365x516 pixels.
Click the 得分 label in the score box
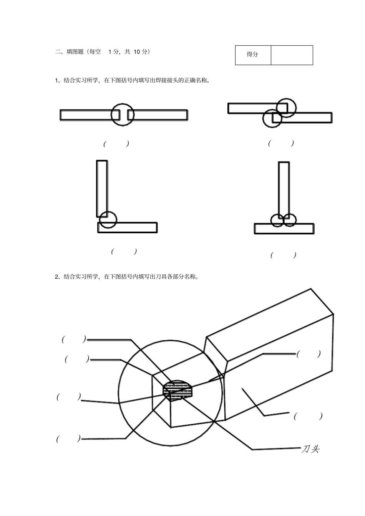point(252,54)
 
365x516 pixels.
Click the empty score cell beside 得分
point(292,55)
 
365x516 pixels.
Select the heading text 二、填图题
point(69,51)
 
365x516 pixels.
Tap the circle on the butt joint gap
point(123,104)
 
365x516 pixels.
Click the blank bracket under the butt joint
point(116,144)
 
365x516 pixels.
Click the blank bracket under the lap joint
point(281,143)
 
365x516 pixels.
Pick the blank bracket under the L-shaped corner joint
point(124,251)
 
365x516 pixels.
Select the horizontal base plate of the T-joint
point(284,229)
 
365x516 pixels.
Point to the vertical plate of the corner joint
point(102,189)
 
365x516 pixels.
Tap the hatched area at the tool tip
point(178,389)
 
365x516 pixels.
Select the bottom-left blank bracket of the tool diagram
point(69,439)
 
